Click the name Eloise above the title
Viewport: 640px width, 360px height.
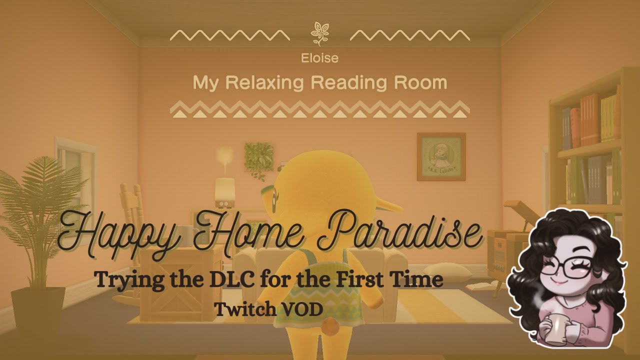[320, 58]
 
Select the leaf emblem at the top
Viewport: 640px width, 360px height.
[319, 34]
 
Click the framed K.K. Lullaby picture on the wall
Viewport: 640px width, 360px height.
[441, 156]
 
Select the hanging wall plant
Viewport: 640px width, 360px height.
[259, 157]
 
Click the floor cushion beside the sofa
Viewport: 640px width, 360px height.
[452, 272]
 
